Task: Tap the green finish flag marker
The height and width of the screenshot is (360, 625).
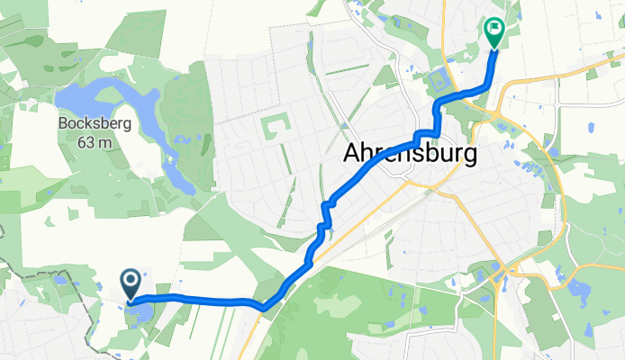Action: (x=494, y=31)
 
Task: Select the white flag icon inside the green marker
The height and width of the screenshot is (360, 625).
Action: (x=494, y=30)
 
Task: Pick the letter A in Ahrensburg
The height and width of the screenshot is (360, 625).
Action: (x=353, y=154)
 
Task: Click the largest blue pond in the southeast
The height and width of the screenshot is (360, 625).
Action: (x=576, y=292)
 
